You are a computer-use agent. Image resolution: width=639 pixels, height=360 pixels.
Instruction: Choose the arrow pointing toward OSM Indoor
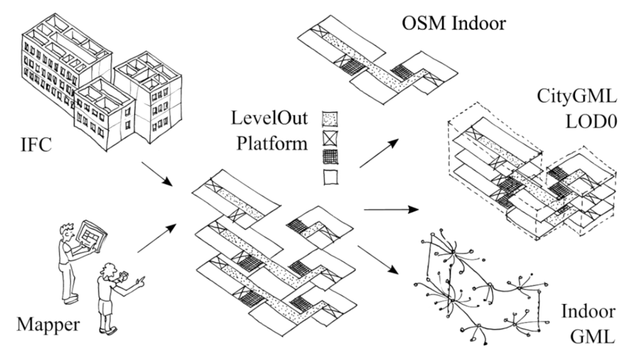click(x=376, y=154)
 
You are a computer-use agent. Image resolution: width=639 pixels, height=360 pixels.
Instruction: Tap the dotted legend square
click(x=329, y=119)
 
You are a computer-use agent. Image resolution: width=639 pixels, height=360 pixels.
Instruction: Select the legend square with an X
click(x=329, y=138)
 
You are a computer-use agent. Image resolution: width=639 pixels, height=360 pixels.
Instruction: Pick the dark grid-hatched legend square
click(x=329, y=156)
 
